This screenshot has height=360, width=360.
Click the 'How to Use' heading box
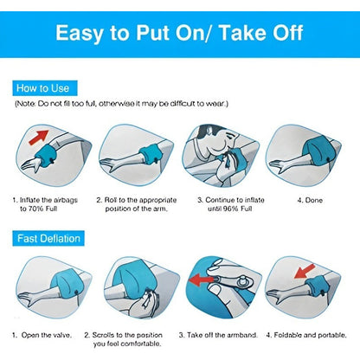(x=45, y=88)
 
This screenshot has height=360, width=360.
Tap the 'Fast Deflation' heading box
(x=48, y=238)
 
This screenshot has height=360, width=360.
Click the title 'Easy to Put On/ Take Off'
(x=179, y=33)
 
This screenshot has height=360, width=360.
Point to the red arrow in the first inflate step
(x=39, y=137)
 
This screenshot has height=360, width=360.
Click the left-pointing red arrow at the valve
(x=202, y=280)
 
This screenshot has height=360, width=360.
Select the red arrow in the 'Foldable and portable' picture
(x=305, y=272)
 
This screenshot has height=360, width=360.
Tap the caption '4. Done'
(x=310, y=200)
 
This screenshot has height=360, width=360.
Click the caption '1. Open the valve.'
(x=42, y=335)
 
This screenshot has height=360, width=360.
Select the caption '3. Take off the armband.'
(x=218, y=335)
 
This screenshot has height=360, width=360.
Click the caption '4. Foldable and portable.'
(x=306, y=335)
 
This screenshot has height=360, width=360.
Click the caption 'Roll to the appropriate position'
(x=136, y=204)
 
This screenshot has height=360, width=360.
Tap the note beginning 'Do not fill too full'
(x=121, y=104)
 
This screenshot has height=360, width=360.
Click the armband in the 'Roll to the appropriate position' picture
(x=150, y=154)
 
